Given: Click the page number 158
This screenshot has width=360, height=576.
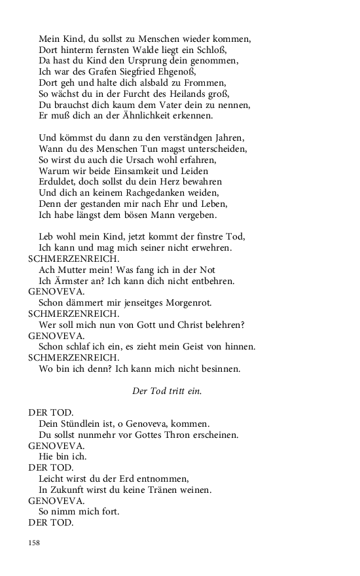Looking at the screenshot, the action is [x=34, y=543].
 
